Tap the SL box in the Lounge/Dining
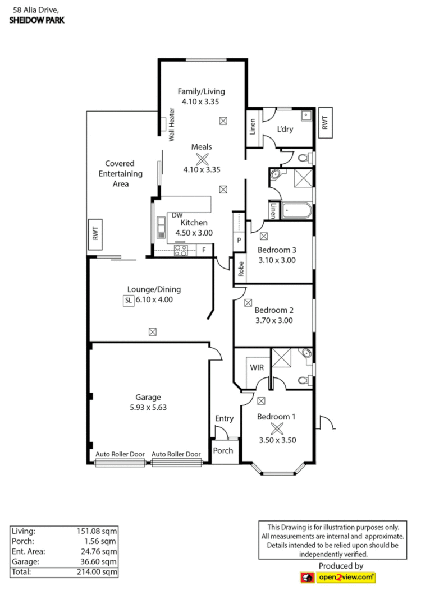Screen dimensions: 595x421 pos(127,301)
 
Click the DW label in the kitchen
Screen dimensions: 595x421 pos(177,215)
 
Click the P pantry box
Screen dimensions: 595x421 pos(239,241)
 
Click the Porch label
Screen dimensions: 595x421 pos(223,451)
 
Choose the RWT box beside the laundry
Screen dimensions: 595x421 pos(325,121)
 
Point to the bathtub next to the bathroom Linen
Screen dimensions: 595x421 pos(296,210)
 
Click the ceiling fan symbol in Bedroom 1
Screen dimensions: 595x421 pos(277,428)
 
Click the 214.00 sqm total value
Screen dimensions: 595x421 pos(96,573)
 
